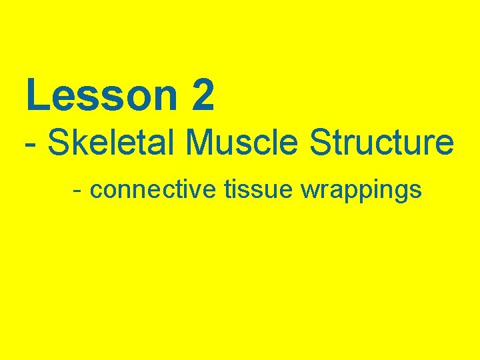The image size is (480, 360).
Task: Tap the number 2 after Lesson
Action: pyautogui.click(x=202, y=95)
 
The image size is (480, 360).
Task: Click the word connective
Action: pyautogui.click(x=153, y=190)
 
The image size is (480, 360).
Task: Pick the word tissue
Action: pyautogui.click(x=259, y=190)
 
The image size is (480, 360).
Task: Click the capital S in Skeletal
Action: pyautogui.click(x=59, y=143)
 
